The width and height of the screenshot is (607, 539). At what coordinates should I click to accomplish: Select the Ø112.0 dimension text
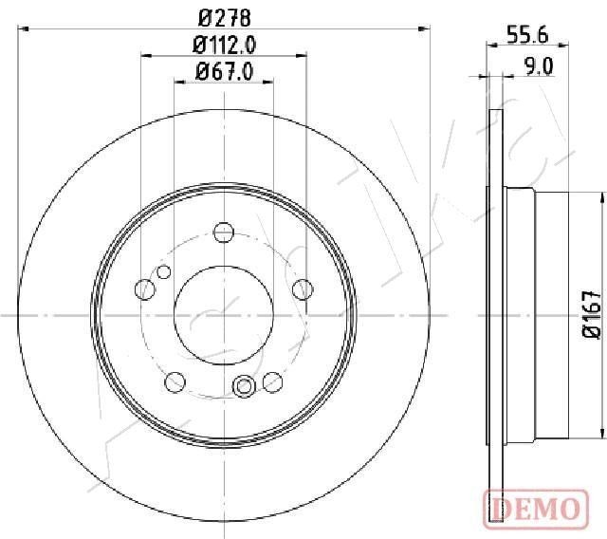coord(224,44)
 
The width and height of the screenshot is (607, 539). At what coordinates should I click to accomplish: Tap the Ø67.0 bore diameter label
coord(224,71)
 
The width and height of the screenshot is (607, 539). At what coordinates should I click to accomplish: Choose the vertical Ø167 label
coord(591,314)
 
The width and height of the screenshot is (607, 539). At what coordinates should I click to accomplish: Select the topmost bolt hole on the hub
coord(223,232)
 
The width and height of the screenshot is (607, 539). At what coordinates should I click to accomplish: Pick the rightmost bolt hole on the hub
coord(302,288)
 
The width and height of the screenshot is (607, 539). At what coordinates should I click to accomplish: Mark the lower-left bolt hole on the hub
coord(175,381)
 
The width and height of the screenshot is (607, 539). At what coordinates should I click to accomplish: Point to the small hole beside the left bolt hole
coord(164,272)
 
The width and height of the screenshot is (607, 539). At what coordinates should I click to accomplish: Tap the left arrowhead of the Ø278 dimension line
coord(23,28)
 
